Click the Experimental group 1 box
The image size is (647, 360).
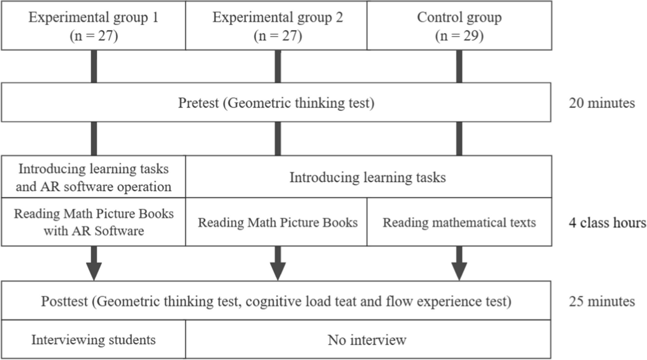pos(94,26)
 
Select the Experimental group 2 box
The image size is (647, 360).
pos(277,26)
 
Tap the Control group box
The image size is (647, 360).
pos(459,26)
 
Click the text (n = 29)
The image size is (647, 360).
pos(459,36)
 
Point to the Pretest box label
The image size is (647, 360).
pos(276,103)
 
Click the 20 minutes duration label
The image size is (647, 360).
pos(602,103)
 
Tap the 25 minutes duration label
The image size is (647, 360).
pos(602,301)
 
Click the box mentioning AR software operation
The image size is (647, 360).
pos(94,177)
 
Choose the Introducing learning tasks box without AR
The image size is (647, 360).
pos(368,178)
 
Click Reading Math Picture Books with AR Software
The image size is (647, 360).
pos(94,222)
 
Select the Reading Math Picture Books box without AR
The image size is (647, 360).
pos(277,222)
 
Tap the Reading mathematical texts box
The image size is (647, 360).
pos(459,222)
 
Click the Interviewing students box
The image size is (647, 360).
pos(94,339)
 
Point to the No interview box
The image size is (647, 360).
pos(368,339)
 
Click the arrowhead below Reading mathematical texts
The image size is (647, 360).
pos(459,271)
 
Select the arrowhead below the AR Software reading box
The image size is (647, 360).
pos(94,271)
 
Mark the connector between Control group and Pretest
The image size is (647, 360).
pos(459,66)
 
